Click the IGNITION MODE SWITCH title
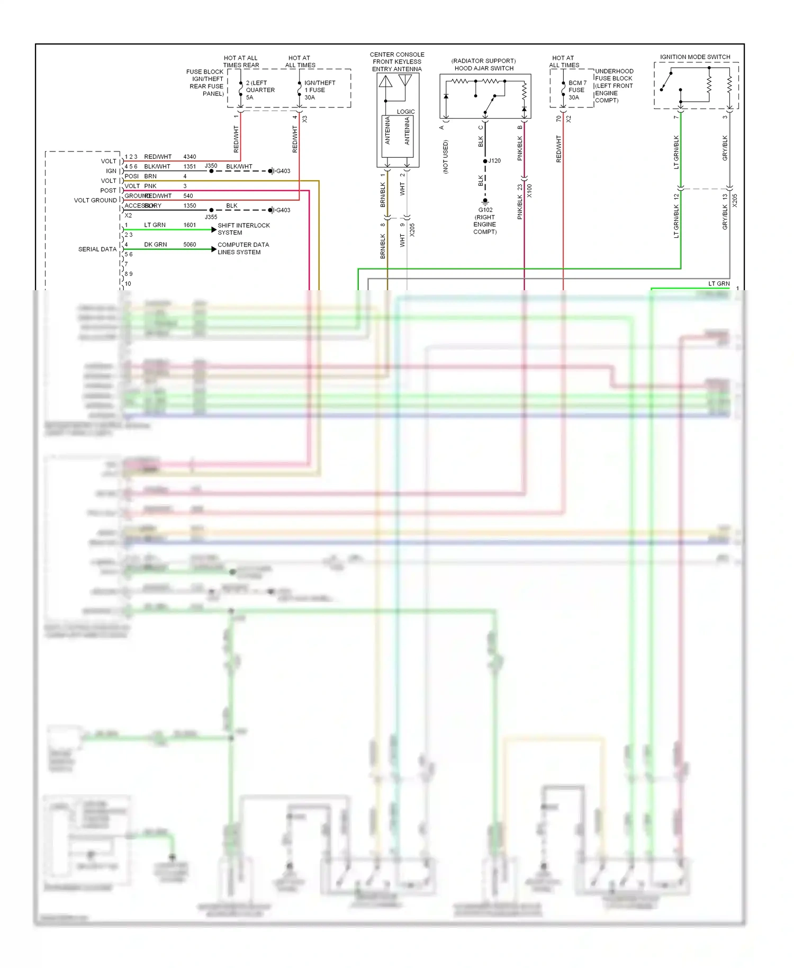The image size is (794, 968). pos(694,57)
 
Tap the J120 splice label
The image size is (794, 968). pos(494,160)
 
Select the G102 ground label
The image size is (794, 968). pos(485,210)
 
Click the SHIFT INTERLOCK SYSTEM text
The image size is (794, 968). pos(243,229)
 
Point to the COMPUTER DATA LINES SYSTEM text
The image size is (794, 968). pos(243,248)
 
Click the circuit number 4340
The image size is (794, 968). pos(190,157)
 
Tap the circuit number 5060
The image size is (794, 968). pos(190,245)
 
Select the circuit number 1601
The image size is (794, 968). pos(190,225)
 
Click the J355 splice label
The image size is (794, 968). pos(211,217)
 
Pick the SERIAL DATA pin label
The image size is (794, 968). pos(97,249)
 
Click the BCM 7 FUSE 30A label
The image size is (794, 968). pos(576,90)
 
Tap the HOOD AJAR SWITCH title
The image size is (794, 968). pos(484,68)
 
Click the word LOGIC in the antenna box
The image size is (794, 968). pos(405,112)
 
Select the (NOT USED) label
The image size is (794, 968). pos(445,157)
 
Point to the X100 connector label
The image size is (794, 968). pos(529,191)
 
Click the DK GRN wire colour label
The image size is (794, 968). pos(155,245)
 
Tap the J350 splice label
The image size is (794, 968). pos(211,166)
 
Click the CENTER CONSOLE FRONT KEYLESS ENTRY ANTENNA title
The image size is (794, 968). pos(397,61)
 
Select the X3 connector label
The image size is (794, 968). pos(305,119)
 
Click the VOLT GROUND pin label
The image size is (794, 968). pos(95,200)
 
